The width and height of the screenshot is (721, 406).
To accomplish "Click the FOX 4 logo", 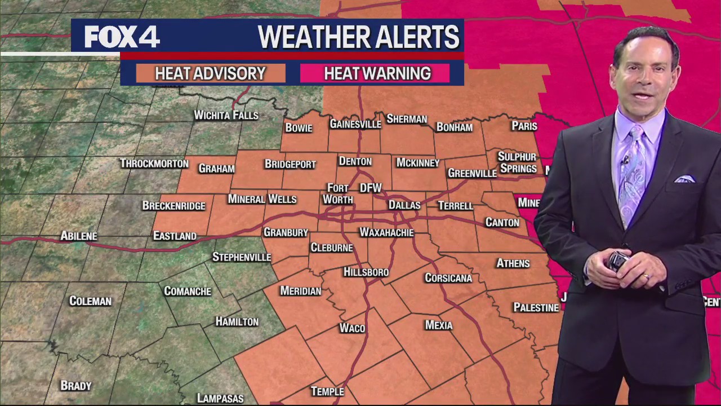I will [122, 37].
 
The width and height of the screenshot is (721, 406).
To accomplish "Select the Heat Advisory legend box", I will [210, 73].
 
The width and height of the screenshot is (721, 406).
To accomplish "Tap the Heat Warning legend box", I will [377, 73].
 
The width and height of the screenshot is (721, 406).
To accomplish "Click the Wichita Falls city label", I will [226, 115].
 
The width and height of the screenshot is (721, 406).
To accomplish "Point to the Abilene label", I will [79, 236].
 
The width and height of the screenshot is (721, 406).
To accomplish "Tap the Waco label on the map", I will [352, 328].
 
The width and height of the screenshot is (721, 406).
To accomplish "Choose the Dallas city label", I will [404, 205].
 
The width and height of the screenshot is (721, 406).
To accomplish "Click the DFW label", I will [371, 188].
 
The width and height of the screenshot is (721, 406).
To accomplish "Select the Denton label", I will [355, 161].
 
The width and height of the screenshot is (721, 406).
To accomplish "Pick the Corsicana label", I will [448, 278].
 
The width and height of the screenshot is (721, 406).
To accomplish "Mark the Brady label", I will [75, 386].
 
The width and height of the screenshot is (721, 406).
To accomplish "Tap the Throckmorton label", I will [154, 164].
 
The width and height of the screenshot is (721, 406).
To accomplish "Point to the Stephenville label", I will [242, 257].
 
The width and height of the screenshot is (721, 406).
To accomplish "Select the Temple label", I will [327, 391].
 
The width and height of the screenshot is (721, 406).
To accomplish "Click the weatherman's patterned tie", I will [631, 175].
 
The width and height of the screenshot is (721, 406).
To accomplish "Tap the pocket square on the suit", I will [685, 179].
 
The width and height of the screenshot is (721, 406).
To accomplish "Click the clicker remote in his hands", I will [617, 261].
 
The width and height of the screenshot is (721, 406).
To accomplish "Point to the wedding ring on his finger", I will [646, 276].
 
